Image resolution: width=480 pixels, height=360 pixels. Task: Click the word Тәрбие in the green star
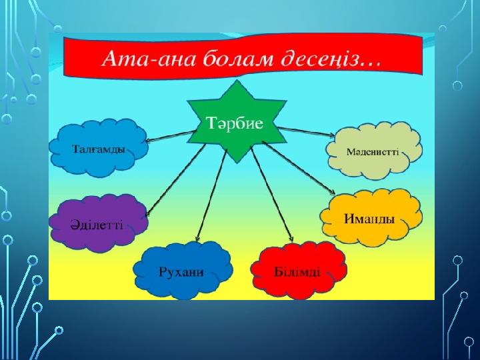pos(235,123)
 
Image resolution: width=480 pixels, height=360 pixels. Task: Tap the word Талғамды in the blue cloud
pos(99,149)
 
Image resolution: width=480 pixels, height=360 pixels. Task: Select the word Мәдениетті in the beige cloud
pos(373,152)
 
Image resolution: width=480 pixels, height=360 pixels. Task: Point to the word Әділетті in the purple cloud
pos(97,225)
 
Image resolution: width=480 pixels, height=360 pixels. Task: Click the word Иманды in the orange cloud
pos(369,219)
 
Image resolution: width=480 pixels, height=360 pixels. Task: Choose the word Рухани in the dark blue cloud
pos(181,272)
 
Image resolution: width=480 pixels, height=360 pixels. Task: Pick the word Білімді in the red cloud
pos(297,271)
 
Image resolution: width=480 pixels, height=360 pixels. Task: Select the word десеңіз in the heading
pos(319,59)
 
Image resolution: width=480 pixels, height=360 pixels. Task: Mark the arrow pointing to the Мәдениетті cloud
pos(307,131)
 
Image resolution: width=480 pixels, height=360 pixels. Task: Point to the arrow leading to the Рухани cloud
pos(211,195)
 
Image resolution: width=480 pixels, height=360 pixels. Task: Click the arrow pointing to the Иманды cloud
pos(299,167)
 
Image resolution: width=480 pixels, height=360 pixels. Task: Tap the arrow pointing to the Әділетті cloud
pos(175,181)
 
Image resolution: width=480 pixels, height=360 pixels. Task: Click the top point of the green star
pos(237,81)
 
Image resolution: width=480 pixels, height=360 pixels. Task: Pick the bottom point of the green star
pos(237,163)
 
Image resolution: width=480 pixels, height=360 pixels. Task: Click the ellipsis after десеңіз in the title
pos(371,64)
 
